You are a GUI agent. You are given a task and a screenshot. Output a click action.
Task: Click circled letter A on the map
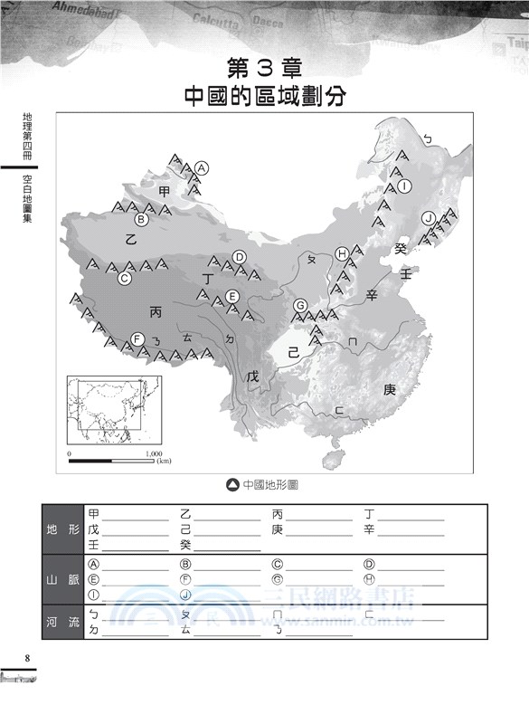click(x=202, y=167)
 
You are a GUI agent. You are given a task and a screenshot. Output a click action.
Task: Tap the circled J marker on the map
click(x=429, y=217)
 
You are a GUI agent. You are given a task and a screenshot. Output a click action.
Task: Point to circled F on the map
click(x=137, y=338)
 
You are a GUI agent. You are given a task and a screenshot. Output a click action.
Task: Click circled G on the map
click(x=299, y=306)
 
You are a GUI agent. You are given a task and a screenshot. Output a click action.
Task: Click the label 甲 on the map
click(x=164, y=192)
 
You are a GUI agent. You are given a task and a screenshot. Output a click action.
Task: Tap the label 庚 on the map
click(x=390, y=390)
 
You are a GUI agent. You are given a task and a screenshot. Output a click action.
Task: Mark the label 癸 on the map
click(x=401, y=248)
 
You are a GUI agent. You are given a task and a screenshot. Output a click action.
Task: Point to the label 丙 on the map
click(x=156, y=312)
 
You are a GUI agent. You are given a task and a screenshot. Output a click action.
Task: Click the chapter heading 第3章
click(x=264, y=67)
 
